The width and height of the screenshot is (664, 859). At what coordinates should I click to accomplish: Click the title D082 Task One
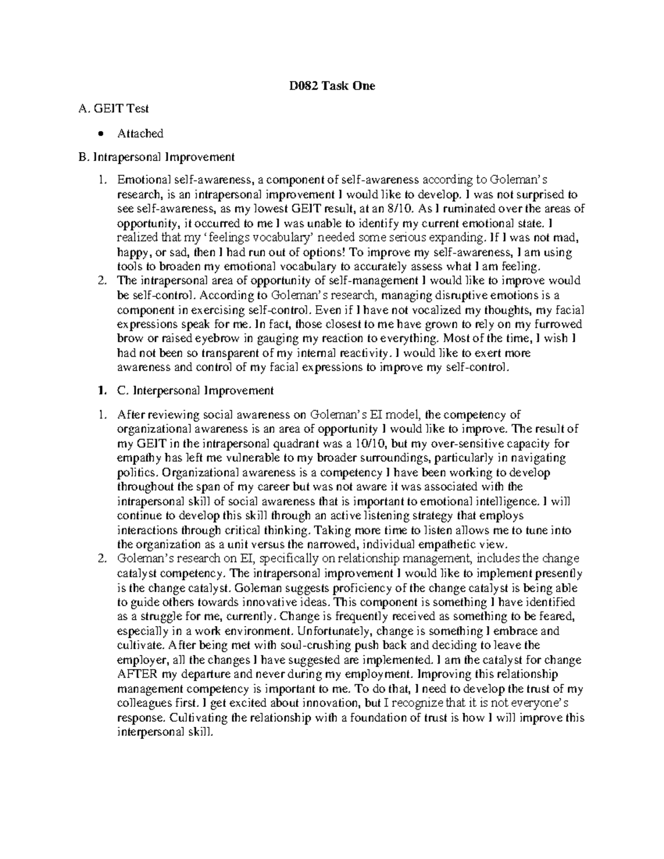click(x=332, y=86)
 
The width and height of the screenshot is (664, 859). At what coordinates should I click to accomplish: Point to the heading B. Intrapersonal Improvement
click(x=157, y=157)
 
